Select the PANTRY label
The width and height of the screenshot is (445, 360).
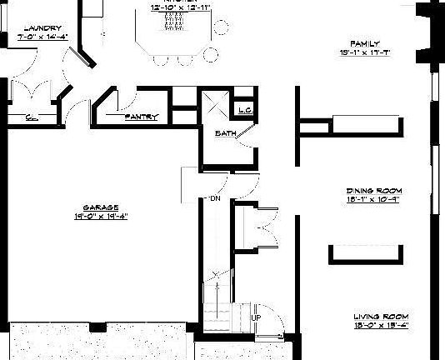(x=141, y=117)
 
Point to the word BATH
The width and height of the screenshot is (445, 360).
(x=224, y=133)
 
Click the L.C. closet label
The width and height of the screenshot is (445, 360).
(x=245, y=109)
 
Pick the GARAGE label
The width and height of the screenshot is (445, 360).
(x=100, y=207)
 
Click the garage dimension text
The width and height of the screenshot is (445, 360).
(x=100, y=217)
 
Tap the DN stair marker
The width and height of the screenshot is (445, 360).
(x=214, y=198)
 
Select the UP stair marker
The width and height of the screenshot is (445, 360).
(x=256, y=318)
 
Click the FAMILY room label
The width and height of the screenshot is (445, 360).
(x=365, y=43)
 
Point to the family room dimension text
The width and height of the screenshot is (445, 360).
(x=365, y=52)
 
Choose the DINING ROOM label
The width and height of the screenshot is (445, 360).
(x=373, y=190)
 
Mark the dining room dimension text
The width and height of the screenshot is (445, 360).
(x=373, y=199)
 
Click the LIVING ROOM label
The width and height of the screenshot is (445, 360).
(x=380, y=317)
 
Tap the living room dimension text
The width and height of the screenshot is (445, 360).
(x=380, y=326)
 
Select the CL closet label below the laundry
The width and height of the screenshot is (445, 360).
(x=30, y=117)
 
